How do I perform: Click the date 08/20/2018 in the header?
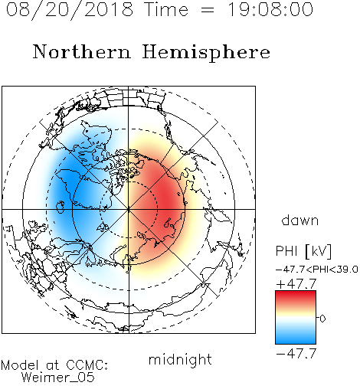(x=70, y=10)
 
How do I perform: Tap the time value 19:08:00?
(x=270, y=9)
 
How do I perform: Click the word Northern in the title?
(x=82, y=51)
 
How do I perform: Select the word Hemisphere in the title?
(x=206, y=53)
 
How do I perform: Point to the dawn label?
(x=300, y=220)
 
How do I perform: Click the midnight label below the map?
(x=180, y=360)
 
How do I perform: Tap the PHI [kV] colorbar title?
(x=303, y=251)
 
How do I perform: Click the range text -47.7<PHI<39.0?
(x=317, y=270)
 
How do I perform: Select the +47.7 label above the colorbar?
(x=296, y=283)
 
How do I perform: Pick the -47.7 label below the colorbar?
(x=296, y=353)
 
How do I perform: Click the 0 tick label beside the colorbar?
(x=322, y=319)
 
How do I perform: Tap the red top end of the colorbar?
(x=296, y=294)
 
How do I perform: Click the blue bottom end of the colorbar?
(x=296, y=341)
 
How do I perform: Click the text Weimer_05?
(x=58, y=378)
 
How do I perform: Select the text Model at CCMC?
(x=54, y=365)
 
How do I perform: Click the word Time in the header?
(x=166, y=9)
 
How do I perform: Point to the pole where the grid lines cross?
(x=129, y=209)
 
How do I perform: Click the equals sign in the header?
(x=208, y=10)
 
